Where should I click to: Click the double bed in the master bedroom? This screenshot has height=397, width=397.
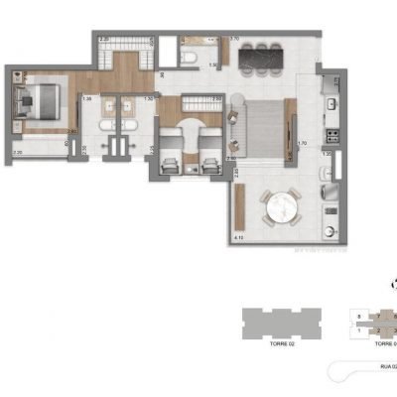(x=38, y=100)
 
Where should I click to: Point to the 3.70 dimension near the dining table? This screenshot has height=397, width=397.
(x=235, y=39)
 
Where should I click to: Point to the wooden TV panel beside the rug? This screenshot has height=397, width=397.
(x=290, y=125)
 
